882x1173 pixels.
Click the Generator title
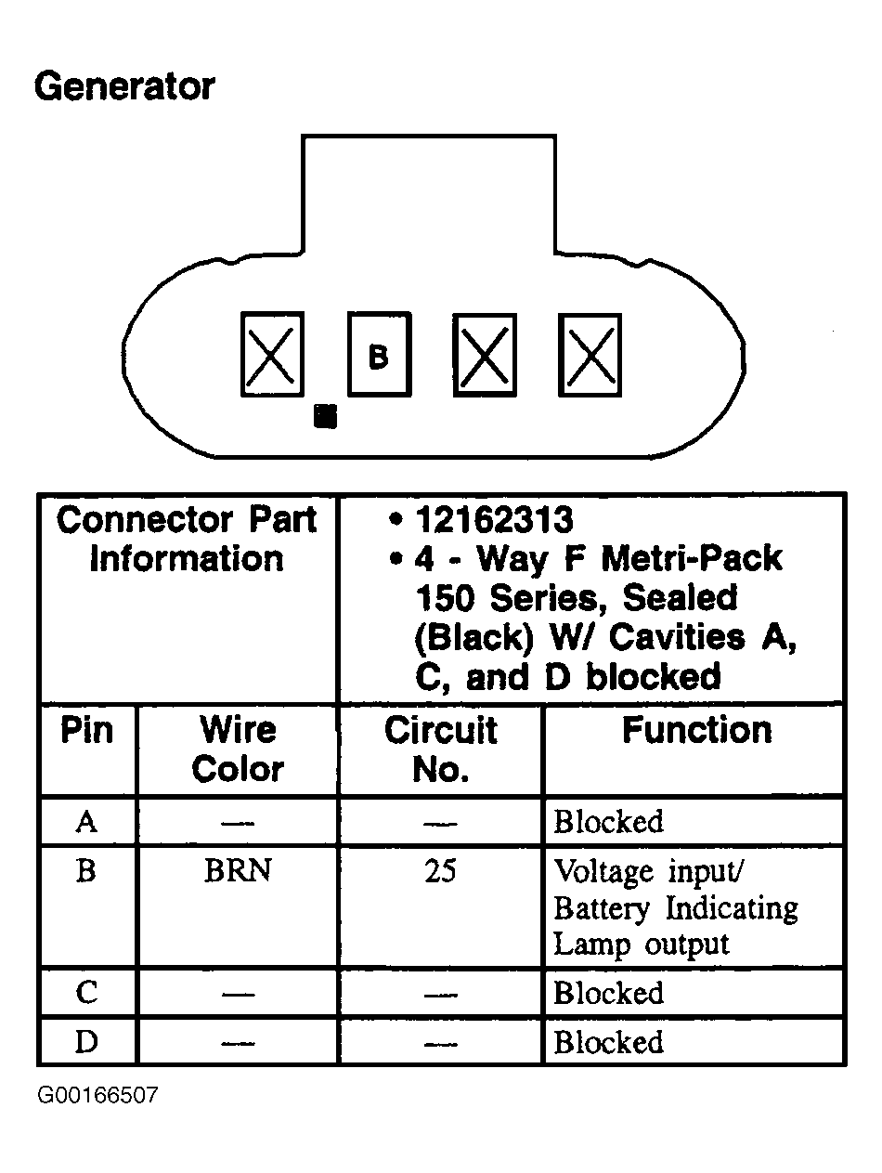coord(123,87)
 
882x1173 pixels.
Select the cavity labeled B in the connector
coord(378,354)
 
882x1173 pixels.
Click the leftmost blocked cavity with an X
coord(272,354)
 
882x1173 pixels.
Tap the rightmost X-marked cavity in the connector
coord(590,355)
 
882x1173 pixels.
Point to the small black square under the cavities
coord(325,416)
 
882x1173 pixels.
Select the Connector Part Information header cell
coord(188,540)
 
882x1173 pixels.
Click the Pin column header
coord(86,731)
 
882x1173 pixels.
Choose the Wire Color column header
coord(238,749)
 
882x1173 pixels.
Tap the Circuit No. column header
coord(441,749)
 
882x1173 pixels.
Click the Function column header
coord(696,731)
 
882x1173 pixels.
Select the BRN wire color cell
coord(238,872)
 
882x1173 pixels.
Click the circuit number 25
coord(440,872)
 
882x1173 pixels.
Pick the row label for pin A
coord(86,822)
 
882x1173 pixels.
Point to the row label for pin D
coord(86,1041)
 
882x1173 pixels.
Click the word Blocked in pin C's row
coord(609,993)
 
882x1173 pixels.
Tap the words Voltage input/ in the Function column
coord(650,872)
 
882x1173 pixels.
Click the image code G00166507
coord(97,1096)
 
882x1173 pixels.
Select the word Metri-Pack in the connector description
coord(692,559)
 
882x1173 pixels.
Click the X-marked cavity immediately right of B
coord(484,355)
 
